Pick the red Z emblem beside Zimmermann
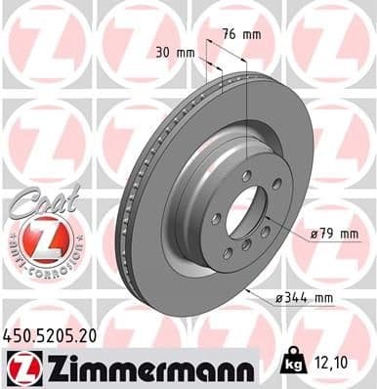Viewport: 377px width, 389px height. (21, 367)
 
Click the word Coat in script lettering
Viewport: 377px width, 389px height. (37, 199)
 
